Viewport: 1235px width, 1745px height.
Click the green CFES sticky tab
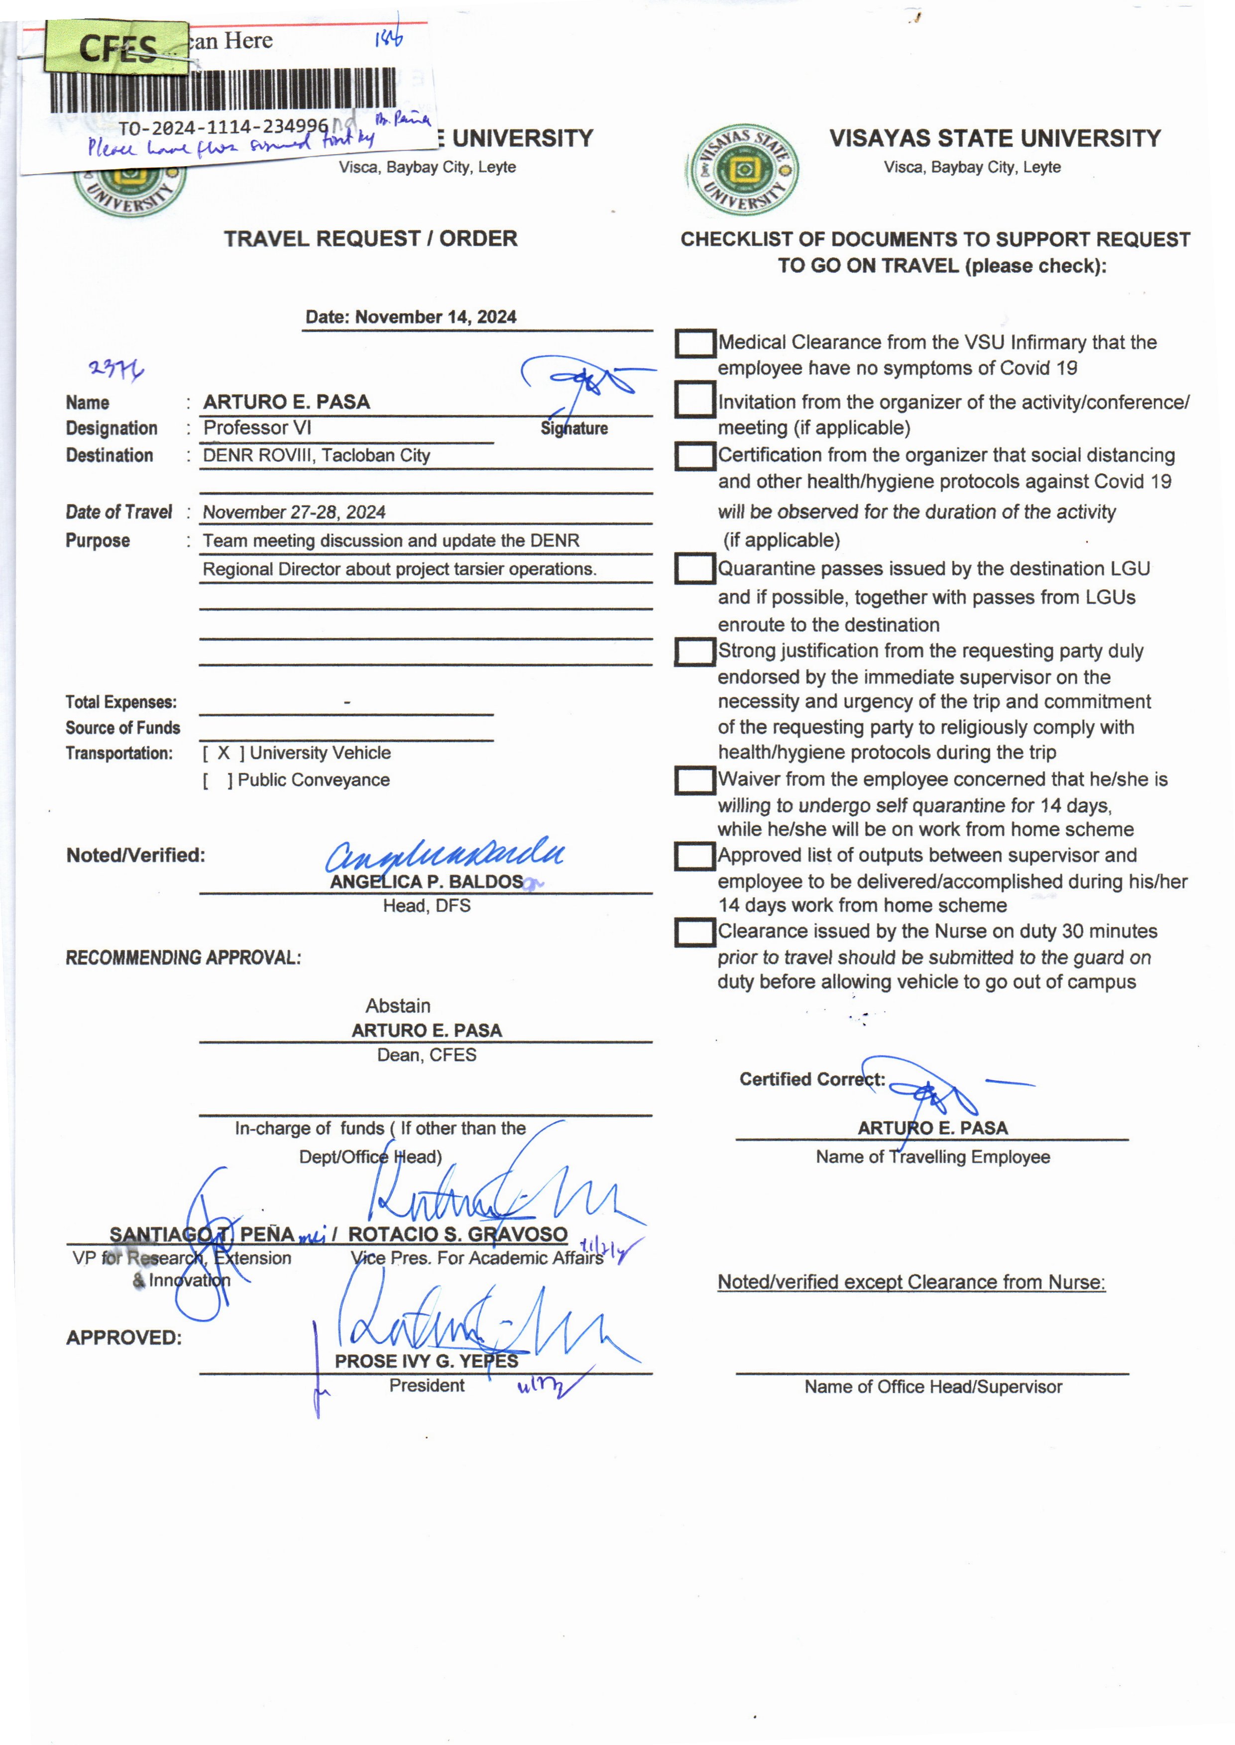(x=116, y=48)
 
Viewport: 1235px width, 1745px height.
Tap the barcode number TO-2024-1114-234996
(x=223, y=127)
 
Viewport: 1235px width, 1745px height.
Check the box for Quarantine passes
(x=695, y=569)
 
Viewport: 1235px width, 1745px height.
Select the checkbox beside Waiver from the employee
(x=695, y=780)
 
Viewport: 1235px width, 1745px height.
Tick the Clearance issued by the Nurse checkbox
(x=695, y=932)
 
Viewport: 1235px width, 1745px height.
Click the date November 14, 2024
(x=411, y=317)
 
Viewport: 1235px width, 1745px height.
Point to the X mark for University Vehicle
(x=224, y=753)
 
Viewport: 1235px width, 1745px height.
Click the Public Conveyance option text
(x=313, y=780)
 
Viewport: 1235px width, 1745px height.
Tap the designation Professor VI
(x=257, y=428)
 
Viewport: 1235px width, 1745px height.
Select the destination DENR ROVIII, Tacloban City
(x=317, y=455)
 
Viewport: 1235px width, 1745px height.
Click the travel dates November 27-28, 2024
(x=294, y=513)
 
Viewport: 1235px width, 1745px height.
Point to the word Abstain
(x=398, y=1006)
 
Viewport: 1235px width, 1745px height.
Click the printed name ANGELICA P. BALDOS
(x=426, y=882)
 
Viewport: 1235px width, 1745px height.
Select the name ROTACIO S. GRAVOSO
(x=458, y=1234)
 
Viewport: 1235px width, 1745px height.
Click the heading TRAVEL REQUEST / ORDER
(x=370, y=239)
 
